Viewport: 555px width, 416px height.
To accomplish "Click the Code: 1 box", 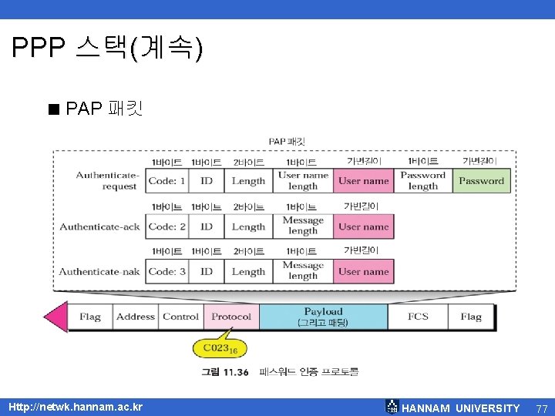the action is [x=167, y=181].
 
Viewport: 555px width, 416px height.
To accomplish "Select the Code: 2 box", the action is [x=167, y=226].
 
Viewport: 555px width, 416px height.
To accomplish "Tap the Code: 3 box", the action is [x=167, y=271].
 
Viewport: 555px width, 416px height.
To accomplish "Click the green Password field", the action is [x=481, y=181].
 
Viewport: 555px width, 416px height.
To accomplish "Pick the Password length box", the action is [x=422, y=181].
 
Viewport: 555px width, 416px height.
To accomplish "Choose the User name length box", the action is [x=303, y=181].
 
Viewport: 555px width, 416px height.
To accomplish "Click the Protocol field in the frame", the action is [x=231, y=317].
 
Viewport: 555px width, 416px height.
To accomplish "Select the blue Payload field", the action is [x=323, y=317].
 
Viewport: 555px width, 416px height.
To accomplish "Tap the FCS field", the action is [x=418, y=317].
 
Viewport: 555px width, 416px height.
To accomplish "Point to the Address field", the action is [x=136, y=317].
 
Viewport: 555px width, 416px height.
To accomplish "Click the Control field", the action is [x=181, y=317].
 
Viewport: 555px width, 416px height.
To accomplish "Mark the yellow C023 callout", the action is [x=220, y=348].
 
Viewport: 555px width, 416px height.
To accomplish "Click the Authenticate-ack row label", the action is [x=100, y=226].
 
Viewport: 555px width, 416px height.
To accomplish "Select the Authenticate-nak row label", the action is [x=100, y=271].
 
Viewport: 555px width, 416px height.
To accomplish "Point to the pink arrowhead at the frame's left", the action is [x=55, y=317].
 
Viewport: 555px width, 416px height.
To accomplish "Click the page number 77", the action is [x=541, y=408].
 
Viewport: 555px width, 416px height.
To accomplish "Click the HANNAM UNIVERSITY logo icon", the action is [x=392, y=407].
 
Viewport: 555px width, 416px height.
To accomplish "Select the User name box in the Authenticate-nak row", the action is [x=364, y=271].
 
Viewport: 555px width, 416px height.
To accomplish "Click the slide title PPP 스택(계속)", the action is [x=108, y=49].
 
